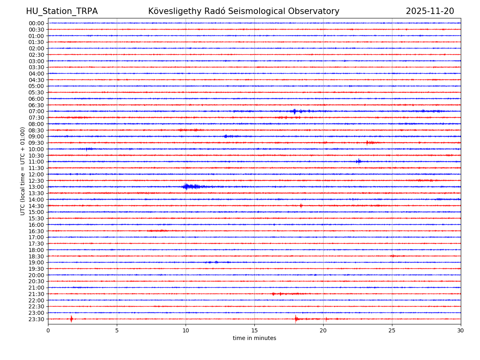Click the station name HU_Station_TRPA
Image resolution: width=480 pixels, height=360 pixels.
(x=62, y=12)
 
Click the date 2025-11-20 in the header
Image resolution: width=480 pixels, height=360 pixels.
(x=430, y=12)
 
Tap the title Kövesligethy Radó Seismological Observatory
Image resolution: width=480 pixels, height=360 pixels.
(x=244, y=12)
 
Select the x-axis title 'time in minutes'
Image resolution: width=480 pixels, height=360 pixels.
(x=254, y=338)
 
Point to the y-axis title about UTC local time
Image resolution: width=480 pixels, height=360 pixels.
(x=23, y=171)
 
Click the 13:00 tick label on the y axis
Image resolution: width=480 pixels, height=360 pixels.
(x=36, y=187)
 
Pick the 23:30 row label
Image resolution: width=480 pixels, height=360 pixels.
(x=36, y=319)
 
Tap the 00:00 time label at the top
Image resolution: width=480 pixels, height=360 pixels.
(x=36, y=23)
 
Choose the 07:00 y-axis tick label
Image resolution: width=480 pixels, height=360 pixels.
(x=36, y=112)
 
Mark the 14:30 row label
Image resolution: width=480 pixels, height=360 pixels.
(x=36, y=206)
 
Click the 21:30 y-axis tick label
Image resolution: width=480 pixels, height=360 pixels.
(x=36, y=294)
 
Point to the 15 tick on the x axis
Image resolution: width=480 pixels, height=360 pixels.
(x=254, y=330)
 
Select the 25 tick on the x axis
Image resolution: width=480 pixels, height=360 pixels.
(x=392, y=330)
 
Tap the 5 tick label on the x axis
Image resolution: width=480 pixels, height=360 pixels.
(x=117, y=330)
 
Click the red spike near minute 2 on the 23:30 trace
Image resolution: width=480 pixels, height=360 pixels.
(x=71, y=319)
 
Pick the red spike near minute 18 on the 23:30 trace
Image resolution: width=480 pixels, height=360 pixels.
(x=296, y=319)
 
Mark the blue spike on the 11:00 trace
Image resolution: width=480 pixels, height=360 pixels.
(x=358, y=162)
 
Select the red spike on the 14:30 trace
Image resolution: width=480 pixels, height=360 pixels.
(x=301, y=206)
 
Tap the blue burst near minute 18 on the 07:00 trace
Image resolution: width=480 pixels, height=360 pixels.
(x=295, y=111)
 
